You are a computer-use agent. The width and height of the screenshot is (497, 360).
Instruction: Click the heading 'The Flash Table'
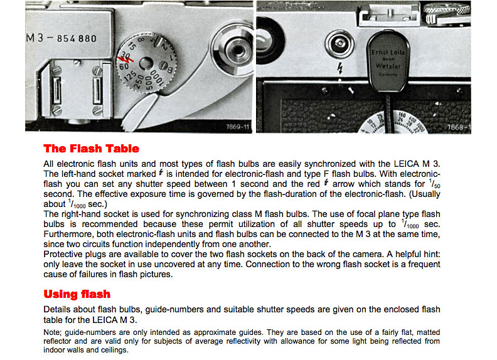click(91, 149)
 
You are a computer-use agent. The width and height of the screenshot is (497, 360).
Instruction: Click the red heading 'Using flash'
click(77, 294)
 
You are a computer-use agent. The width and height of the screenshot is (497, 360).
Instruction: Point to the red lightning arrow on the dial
click(127, 60)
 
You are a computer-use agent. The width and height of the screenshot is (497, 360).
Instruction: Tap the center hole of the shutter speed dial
click(145, 63)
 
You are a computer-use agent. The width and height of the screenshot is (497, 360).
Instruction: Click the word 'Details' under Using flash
click(57, 310)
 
